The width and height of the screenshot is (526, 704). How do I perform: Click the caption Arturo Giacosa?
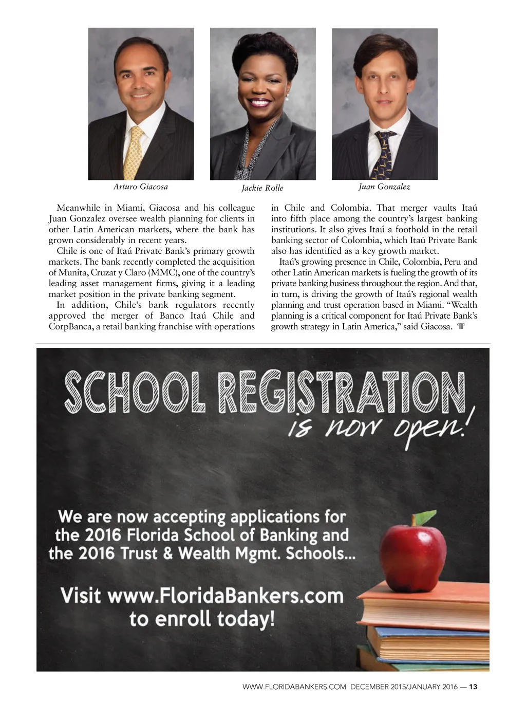coord(140,187)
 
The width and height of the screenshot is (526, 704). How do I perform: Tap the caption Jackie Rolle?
coord(262,188)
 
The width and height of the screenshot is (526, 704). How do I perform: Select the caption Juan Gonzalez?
coord(384,187)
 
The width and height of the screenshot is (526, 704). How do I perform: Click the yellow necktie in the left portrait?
coord(135,153)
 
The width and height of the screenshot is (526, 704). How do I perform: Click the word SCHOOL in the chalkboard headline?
coord(135,394)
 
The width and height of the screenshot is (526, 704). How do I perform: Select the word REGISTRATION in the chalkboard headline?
coord(341,393)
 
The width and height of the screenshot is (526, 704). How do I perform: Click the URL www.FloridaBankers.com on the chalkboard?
coord(225,596)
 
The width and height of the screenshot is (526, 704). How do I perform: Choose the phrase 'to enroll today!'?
coord(202,619)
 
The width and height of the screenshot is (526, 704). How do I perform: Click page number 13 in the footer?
coord(473,687)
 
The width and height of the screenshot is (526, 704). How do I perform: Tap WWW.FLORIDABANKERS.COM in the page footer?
coord(294,687)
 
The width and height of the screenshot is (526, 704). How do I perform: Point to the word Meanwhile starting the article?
coord(78,208)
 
